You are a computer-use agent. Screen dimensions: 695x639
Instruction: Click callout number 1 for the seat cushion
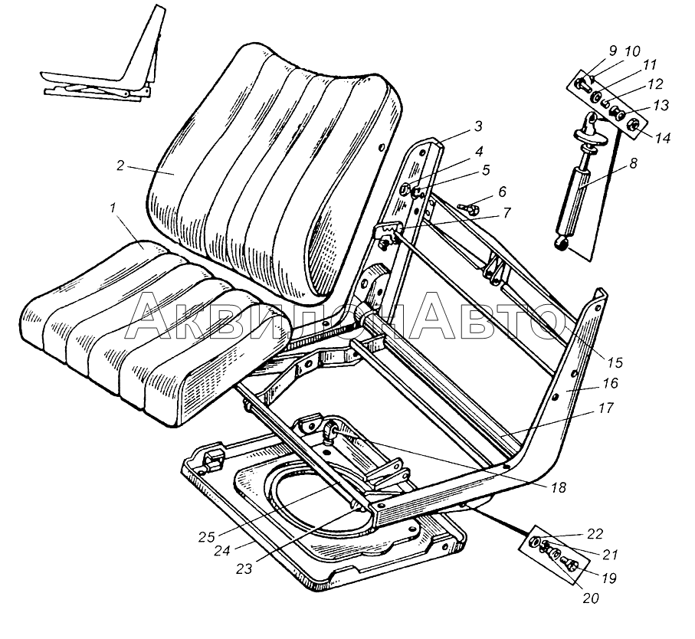pyautogui.click(x=114, y=208)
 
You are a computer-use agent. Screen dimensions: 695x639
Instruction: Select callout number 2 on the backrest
pyautogui.click(x=120, y=165)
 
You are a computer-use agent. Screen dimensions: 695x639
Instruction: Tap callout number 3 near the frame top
pyautogui.click(x=477, y=126)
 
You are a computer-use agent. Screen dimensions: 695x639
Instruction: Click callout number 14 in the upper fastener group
pyautogui.click(x=663, y=138)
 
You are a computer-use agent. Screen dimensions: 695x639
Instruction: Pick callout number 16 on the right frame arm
pyautogui.click(x=611, y=383)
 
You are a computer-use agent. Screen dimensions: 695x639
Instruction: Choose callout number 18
pyautogui.click(x=559, y=488)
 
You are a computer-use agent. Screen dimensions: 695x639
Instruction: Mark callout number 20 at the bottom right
pyautogui.click(x=590, y=598)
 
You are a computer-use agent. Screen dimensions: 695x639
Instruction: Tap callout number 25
pyautogui.click(x=207, y=537)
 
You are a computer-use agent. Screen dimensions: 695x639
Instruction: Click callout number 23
pyautogui.click(x=244, y=569)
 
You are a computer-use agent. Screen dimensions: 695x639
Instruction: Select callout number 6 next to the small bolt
pyautogui.click(x=502, y=192)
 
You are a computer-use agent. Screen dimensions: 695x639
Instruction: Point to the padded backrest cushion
pyautogui.click(x=275, y=173)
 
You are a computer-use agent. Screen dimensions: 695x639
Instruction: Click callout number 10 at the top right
pyautogui.click(x=632, y=51)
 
